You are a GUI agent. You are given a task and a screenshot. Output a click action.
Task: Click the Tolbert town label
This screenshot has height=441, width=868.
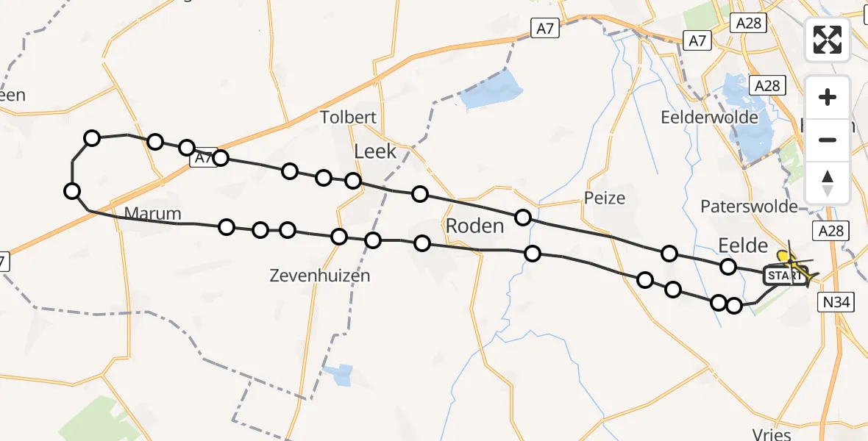[x=349, y=117]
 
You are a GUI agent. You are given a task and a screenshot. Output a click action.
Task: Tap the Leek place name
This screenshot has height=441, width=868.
[x=375, y=151]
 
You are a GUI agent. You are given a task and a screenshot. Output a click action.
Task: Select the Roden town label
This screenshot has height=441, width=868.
[x=474, y=226]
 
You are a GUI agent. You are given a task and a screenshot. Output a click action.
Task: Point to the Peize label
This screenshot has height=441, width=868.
[x=605, y=198]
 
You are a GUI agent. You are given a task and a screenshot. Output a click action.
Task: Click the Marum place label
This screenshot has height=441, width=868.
[x=153, y=214]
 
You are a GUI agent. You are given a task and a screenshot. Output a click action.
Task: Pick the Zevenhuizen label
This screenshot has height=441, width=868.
[x=319, y=276]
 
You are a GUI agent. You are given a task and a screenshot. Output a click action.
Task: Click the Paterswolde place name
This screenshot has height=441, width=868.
[x=749, y=206]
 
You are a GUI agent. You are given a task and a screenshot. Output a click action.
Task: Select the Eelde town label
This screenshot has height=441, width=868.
[x=742, y=245]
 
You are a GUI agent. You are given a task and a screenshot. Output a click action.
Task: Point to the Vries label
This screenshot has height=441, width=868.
[x=772, y=434]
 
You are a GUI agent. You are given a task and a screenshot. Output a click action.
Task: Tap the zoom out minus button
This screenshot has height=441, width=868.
[x=828, y=140]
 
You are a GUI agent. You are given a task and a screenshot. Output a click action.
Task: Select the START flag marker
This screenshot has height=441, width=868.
[x=784, y=276]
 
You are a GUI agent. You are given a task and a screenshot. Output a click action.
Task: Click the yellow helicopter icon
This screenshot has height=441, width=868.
[x=795, y=266]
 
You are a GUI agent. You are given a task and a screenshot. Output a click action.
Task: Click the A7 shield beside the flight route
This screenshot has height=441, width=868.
[x=203, y=158]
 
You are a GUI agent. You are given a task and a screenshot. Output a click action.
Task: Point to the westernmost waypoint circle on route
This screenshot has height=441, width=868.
[x=72, y=192]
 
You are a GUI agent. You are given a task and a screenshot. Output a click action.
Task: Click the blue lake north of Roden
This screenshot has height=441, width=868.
[x=493, y=90]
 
